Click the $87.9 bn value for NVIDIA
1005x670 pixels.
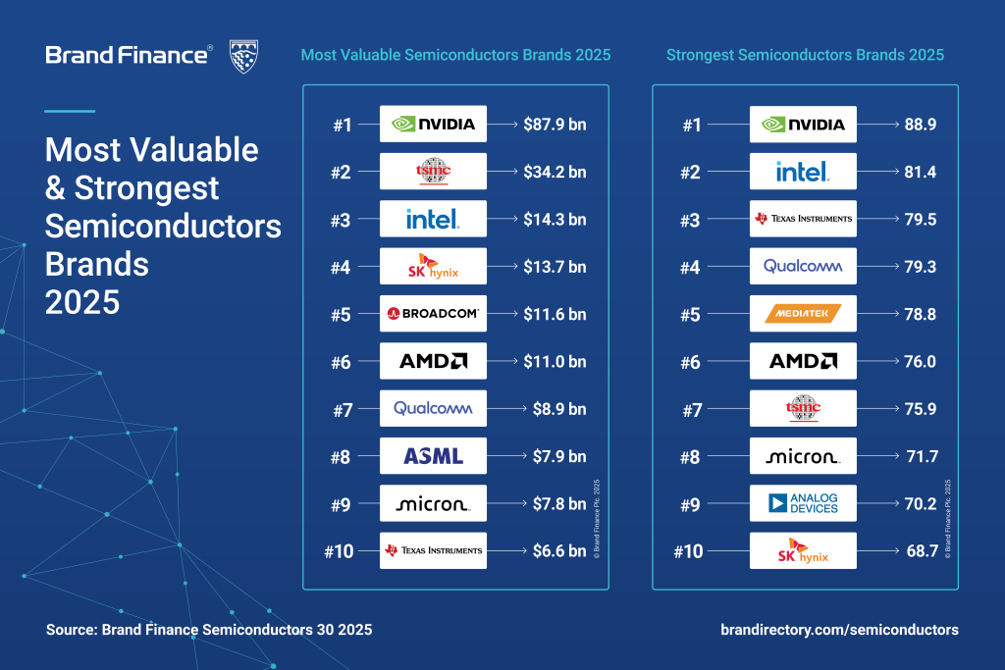(555, 125)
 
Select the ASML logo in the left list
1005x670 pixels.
(433, 455)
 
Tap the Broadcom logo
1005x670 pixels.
(433, 314)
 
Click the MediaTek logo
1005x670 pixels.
(803, 314)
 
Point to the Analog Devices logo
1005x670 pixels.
(803, 503)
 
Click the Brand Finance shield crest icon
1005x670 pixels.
(243, 56)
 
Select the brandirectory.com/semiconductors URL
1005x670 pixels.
(839, 629)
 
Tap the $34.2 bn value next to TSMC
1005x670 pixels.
(555, 173)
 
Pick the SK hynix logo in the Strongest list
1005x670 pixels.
(803, 551)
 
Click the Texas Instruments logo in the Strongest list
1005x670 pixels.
(803, 219)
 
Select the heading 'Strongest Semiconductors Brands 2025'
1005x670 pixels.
(805, 55)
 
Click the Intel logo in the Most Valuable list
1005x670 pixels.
(433, 219)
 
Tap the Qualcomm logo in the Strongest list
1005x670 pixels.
(803, 266)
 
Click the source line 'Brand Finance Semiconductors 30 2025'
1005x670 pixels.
(209, 629)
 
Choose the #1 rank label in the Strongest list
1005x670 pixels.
(693, 125)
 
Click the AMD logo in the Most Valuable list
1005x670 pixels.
(433, 361)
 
